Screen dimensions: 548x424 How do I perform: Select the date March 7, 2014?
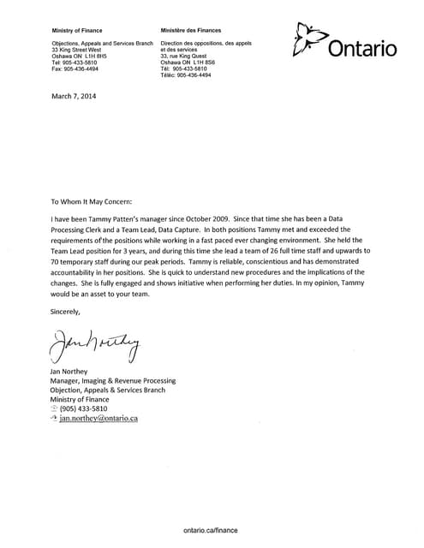pos(75,96)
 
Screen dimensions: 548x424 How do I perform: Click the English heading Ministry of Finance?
pos(78,30)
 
